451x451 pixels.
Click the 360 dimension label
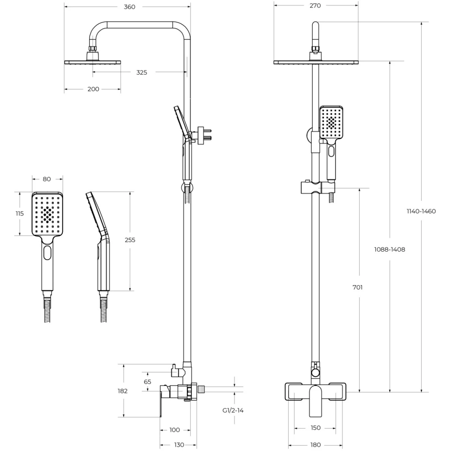(x=129, y=7)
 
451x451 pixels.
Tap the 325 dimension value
(x=142, y=73)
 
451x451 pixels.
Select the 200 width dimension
(x=93, y=89)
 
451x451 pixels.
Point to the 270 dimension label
(x=315, y=6)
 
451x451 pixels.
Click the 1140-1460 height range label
(x=421, y=211)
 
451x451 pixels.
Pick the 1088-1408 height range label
(x=389, y=250)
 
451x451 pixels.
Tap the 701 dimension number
(x=357, y=288)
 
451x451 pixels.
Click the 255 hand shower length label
(x=130, y=240)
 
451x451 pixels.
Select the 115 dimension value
(x=20, y=213)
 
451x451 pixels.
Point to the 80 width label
(x=47, y=179)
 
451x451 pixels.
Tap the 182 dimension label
(x=123, y=391)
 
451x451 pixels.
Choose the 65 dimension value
(x=147, y=382)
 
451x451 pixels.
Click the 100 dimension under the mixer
(x=175, y=430)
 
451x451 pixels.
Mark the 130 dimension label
(x=179, y=445)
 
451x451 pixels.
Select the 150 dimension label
(x=315, y=428)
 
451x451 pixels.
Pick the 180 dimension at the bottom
(x=315, y=445)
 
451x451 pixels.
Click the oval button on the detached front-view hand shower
(x=47, y=253)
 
